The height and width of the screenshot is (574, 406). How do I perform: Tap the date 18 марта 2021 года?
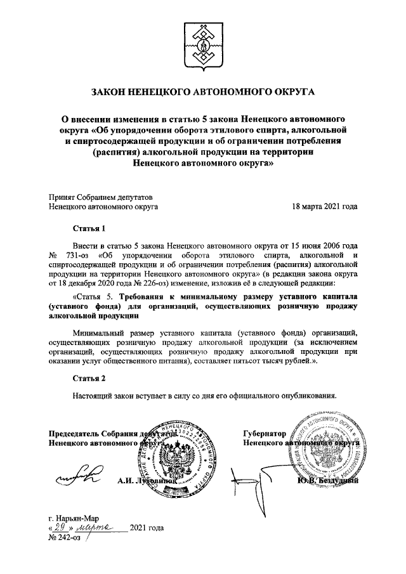click(324, 207)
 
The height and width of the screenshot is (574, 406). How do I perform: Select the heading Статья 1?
click(88, 227)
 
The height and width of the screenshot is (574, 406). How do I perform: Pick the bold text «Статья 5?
click(95, 296)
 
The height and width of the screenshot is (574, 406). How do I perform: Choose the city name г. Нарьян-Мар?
click(73, 518)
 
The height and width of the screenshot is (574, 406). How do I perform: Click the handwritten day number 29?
click(58, 527)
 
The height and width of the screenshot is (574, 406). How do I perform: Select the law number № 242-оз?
click(64, 537)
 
